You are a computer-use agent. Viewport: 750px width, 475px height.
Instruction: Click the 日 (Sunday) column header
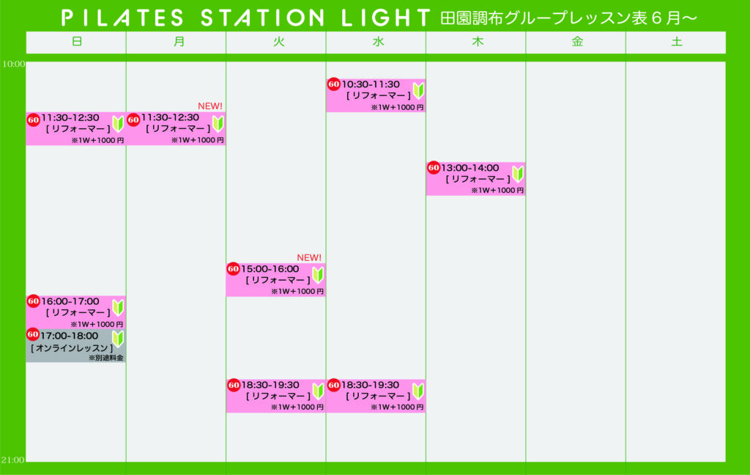pos(76,42)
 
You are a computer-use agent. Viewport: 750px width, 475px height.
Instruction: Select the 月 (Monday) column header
pos(179,42)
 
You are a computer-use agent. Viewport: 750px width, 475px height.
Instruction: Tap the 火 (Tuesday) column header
pos(279,42)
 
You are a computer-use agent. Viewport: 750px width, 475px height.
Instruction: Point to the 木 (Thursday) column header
pos(478,42)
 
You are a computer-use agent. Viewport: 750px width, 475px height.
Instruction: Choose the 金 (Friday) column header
pos(577,42)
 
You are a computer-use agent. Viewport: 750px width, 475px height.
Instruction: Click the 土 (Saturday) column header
pos(676,42)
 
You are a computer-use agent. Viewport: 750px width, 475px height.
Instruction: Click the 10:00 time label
pos(13,65)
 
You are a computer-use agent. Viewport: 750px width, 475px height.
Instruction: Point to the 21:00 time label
pos(12,460)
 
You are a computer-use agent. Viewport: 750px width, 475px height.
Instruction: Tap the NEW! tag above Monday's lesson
pos(210,106)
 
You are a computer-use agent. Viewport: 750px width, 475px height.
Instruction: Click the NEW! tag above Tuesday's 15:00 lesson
pos(309,257)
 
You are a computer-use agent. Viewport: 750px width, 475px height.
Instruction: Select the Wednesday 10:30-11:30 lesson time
pos(371,84)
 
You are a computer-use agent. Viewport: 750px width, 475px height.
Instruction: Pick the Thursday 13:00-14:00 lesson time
pos(470,168)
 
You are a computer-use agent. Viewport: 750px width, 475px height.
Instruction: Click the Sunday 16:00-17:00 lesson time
pos(70,302)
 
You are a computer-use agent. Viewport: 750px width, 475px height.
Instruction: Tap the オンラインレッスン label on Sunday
pos(73,348)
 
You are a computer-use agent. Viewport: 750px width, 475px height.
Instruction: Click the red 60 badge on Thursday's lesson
pos(434,168)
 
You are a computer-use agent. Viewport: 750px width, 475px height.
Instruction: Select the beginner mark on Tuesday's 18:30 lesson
pos(318,391)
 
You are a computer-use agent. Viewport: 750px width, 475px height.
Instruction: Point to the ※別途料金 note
pos(105,358)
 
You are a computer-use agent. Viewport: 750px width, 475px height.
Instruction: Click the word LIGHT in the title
pos(385,18)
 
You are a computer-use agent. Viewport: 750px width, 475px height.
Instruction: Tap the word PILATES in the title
pos(122,18)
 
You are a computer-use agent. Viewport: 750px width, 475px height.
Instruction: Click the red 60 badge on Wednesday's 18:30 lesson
pos(333,385)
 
